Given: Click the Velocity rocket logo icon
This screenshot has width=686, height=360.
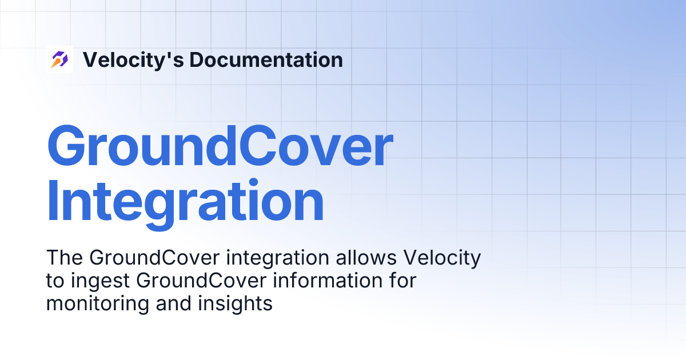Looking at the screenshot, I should tap(59, 59).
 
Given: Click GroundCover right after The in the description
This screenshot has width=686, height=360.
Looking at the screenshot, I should tap(154, 258).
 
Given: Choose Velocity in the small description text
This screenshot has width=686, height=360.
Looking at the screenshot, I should tap(442, 258).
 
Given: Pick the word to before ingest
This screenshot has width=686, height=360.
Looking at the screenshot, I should tap(54, 281).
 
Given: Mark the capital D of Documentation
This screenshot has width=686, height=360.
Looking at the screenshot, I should tap(197, 59).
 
